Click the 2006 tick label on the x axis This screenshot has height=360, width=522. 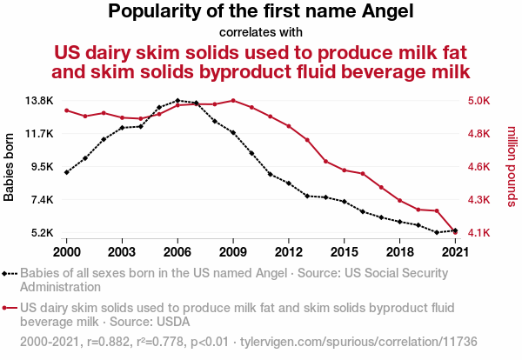pyautogui.click(x=177, y=252)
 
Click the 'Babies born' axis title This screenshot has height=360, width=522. pyautogui.click(x=10, y=167)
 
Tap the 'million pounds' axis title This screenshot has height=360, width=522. pyautogui.click(x=512, y=167)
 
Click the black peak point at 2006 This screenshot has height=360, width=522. pyautogui.click(x=177, y=101)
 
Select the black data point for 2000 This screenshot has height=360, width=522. pyautogui.click(x=67, y=172)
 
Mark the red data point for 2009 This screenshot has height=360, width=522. pyautogui.click(x=233, y=100)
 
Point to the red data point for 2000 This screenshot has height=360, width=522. pyautogui.click(x=67, y=110)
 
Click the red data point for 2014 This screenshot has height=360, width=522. pyautogui.click(x=325, y=162)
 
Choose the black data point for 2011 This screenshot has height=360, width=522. pyautogui.click(x=271, y=174)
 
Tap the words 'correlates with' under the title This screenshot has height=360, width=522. pyautogui.click(x=261, y=33)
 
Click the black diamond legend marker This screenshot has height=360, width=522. pyautogui.click(x=6, y=273)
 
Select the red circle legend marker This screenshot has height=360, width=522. pyautogui.click(x=6, y=307)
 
